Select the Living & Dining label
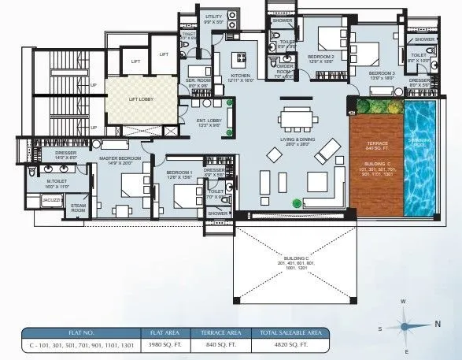[x=298, y=140]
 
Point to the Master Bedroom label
[x=119, y=160]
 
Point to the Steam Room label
[x=79, y=207]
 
